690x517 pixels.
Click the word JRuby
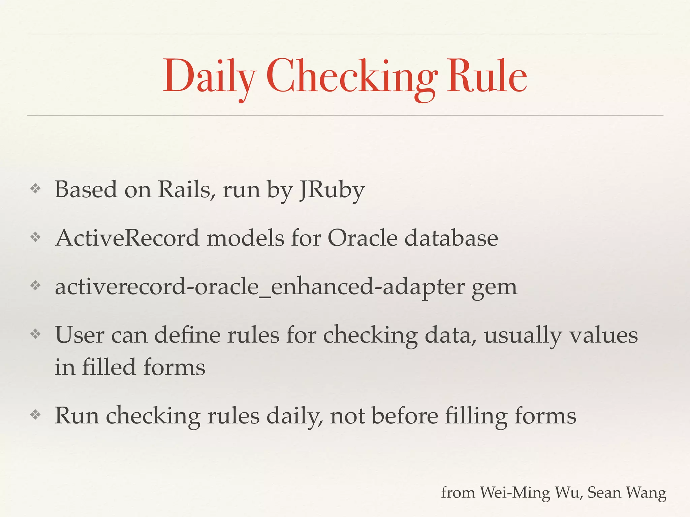[x=332, y=190]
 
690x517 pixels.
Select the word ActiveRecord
[x=127, y=238]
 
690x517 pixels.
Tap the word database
[x=451, y=238]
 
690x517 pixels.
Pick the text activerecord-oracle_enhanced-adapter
[x=259, y=287]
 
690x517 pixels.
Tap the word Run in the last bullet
[x=77, y=416]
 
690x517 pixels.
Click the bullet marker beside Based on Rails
[x=35, y=189]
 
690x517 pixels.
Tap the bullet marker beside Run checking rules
[x=35, y=415]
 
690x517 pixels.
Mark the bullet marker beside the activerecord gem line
[x=35, y=286]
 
